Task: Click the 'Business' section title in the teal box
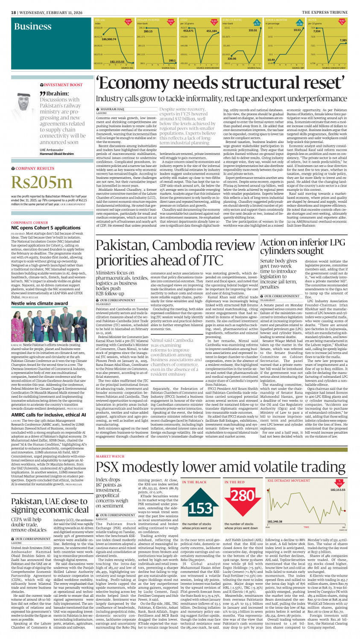coord(32,26)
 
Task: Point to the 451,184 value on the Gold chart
coord(211,31)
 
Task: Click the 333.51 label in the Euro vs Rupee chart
coord(253,30)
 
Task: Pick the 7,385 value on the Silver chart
coord(343,40)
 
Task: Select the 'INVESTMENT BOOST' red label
coord(63,85)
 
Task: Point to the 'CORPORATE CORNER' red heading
coord(29,222)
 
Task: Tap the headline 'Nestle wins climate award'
coord(39,303)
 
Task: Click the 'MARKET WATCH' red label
coord(110,456)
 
